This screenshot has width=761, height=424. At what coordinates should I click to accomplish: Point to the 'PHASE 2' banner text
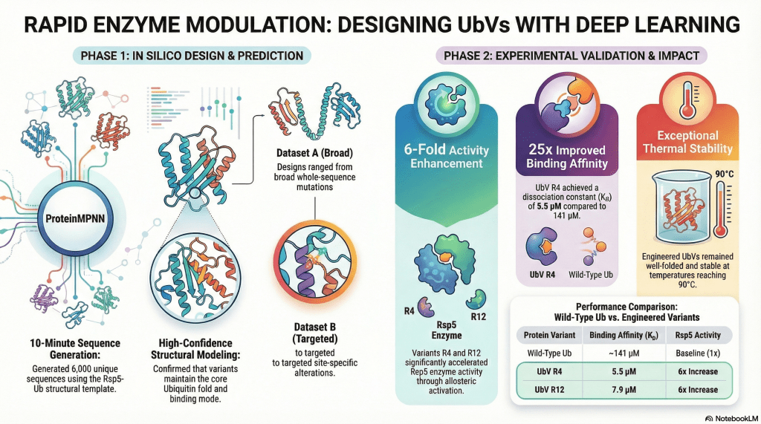pos(565,55)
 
